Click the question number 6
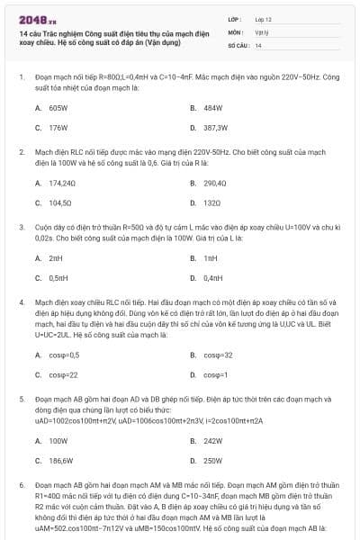point(22,485)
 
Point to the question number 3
point(22,227)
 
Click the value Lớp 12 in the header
point(264,18)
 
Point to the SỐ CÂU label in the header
point(238,44)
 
